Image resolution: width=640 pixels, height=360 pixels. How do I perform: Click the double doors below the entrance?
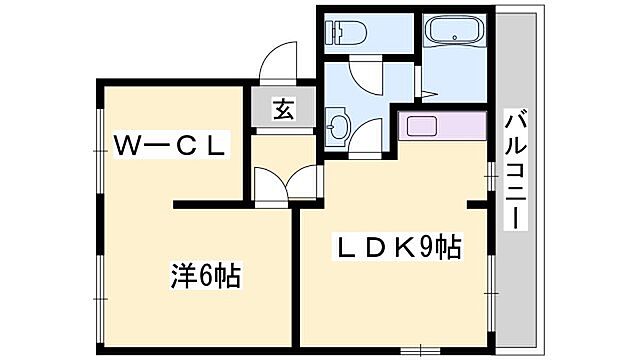click(x=287, y=183)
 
